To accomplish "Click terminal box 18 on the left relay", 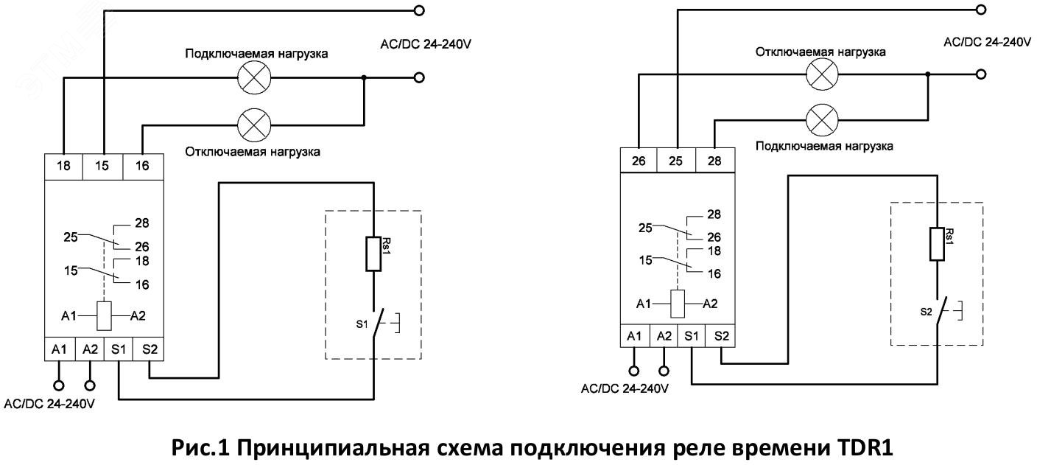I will coord(64,166).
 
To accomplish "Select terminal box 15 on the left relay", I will coord(102,166).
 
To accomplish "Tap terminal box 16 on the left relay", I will coord(141,166).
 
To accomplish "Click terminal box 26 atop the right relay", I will coord(639,160).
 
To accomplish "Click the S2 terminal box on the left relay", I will coord(149,349).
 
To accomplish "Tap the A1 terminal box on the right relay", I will coord(634,335).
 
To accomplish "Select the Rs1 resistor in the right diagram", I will coord(936,244).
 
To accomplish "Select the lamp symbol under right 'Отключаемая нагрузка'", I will coord(823,74).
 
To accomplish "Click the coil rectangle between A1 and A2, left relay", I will coord(105,315).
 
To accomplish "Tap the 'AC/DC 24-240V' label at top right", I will coord(987,42).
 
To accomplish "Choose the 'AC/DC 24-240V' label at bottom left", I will coord(50,404).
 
